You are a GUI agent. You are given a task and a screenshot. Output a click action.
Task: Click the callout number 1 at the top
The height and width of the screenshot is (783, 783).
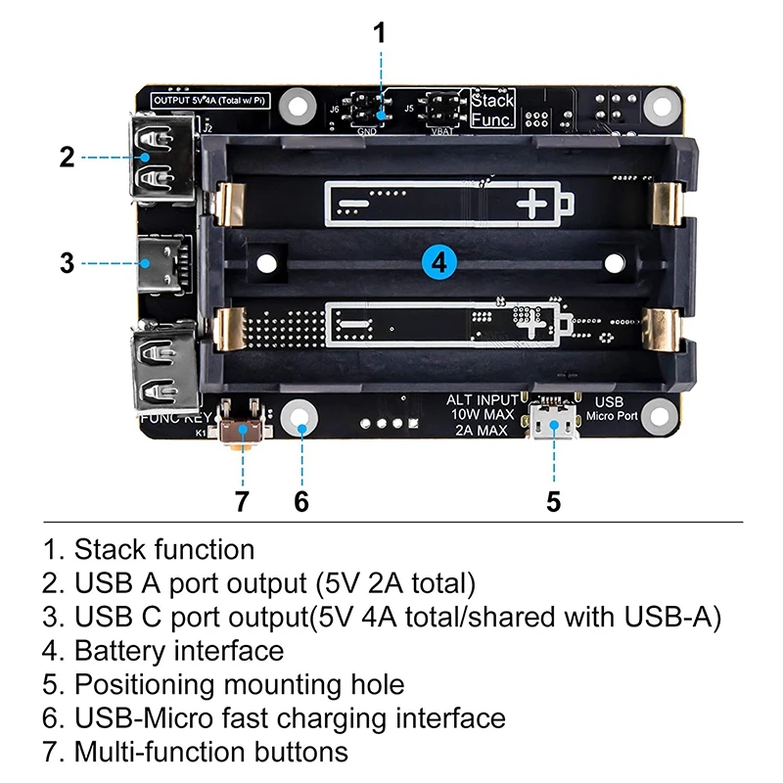click(x=380, y=32)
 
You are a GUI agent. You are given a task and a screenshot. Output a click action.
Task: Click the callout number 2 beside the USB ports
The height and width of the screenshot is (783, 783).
click(x=67, y=157)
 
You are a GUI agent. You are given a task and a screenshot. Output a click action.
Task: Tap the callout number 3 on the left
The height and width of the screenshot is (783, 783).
click(x=67, y=262)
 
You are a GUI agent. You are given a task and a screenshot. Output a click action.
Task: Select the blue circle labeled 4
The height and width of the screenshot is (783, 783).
click(x=439, y=262)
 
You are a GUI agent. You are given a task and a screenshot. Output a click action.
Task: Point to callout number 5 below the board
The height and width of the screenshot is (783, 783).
click(x=554, y=501)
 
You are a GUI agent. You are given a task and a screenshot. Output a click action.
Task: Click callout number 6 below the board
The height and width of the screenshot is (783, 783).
click(x=301, y=501)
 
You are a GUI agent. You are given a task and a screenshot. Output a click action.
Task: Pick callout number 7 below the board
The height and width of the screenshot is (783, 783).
click(x=242, y=501)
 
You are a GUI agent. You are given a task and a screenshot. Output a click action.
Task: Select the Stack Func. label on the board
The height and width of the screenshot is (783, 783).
click(x=492, y=110)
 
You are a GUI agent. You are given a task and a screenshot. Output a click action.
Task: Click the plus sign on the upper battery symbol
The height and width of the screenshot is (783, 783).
click(x=534, y=204)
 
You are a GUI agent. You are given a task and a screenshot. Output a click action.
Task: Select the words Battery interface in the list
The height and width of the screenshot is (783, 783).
click(x=179, y=650)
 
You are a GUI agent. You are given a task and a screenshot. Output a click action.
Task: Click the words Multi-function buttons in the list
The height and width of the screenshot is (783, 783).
click(x=210, y=752)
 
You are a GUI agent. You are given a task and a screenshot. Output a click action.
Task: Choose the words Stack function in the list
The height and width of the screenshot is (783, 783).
click(x=164, y=549)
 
